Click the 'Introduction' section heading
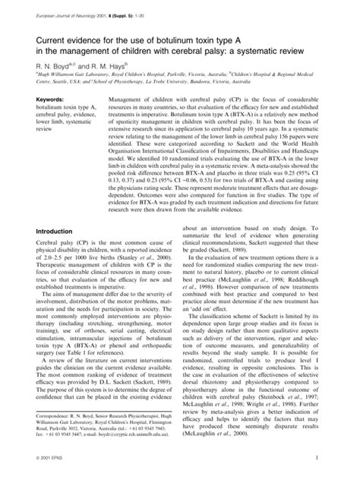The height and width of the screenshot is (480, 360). [x=48, y=231]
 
